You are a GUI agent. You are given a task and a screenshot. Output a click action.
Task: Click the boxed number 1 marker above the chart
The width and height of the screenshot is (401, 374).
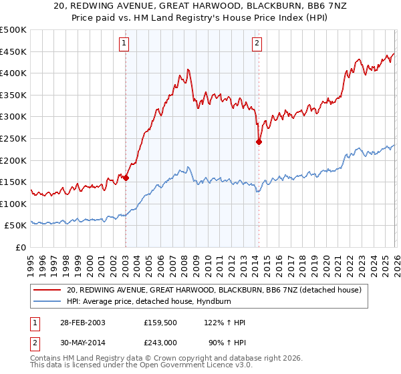coord(125,43)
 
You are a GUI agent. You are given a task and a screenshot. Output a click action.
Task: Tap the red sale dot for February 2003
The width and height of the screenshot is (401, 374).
coord(126,178)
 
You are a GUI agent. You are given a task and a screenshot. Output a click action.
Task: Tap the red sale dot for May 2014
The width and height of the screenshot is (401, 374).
coord(259,142)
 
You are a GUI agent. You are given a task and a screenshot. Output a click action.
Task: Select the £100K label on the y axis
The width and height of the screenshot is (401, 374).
coord(13,204)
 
